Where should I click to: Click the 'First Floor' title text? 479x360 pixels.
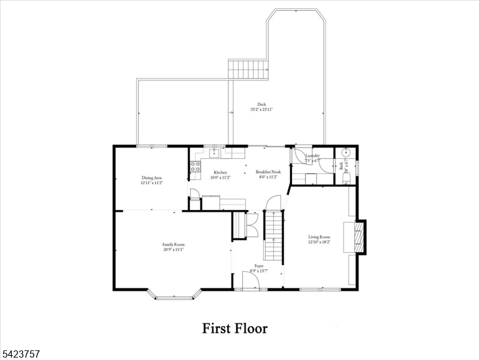point(234,328)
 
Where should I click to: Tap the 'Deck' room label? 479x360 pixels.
point(262,104)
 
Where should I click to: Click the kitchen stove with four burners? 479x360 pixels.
point(195,167)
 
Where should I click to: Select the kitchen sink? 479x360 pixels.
point(213,152)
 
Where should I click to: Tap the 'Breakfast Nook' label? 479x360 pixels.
point(268,172)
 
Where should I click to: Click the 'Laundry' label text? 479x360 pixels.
point(312,156)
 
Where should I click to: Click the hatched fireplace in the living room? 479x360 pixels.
point(358,237)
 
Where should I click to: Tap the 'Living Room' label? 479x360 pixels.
point(320,236)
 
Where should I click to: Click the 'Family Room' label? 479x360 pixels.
point(173,244)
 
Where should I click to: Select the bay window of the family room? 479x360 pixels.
point(174,295)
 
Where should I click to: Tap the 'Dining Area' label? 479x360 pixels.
point(152,178)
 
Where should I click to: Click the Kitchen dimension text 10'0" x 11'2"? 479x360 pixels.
point(220,178)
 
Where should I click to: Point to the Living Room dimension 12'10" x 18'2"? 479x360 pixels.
point(320,242)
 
